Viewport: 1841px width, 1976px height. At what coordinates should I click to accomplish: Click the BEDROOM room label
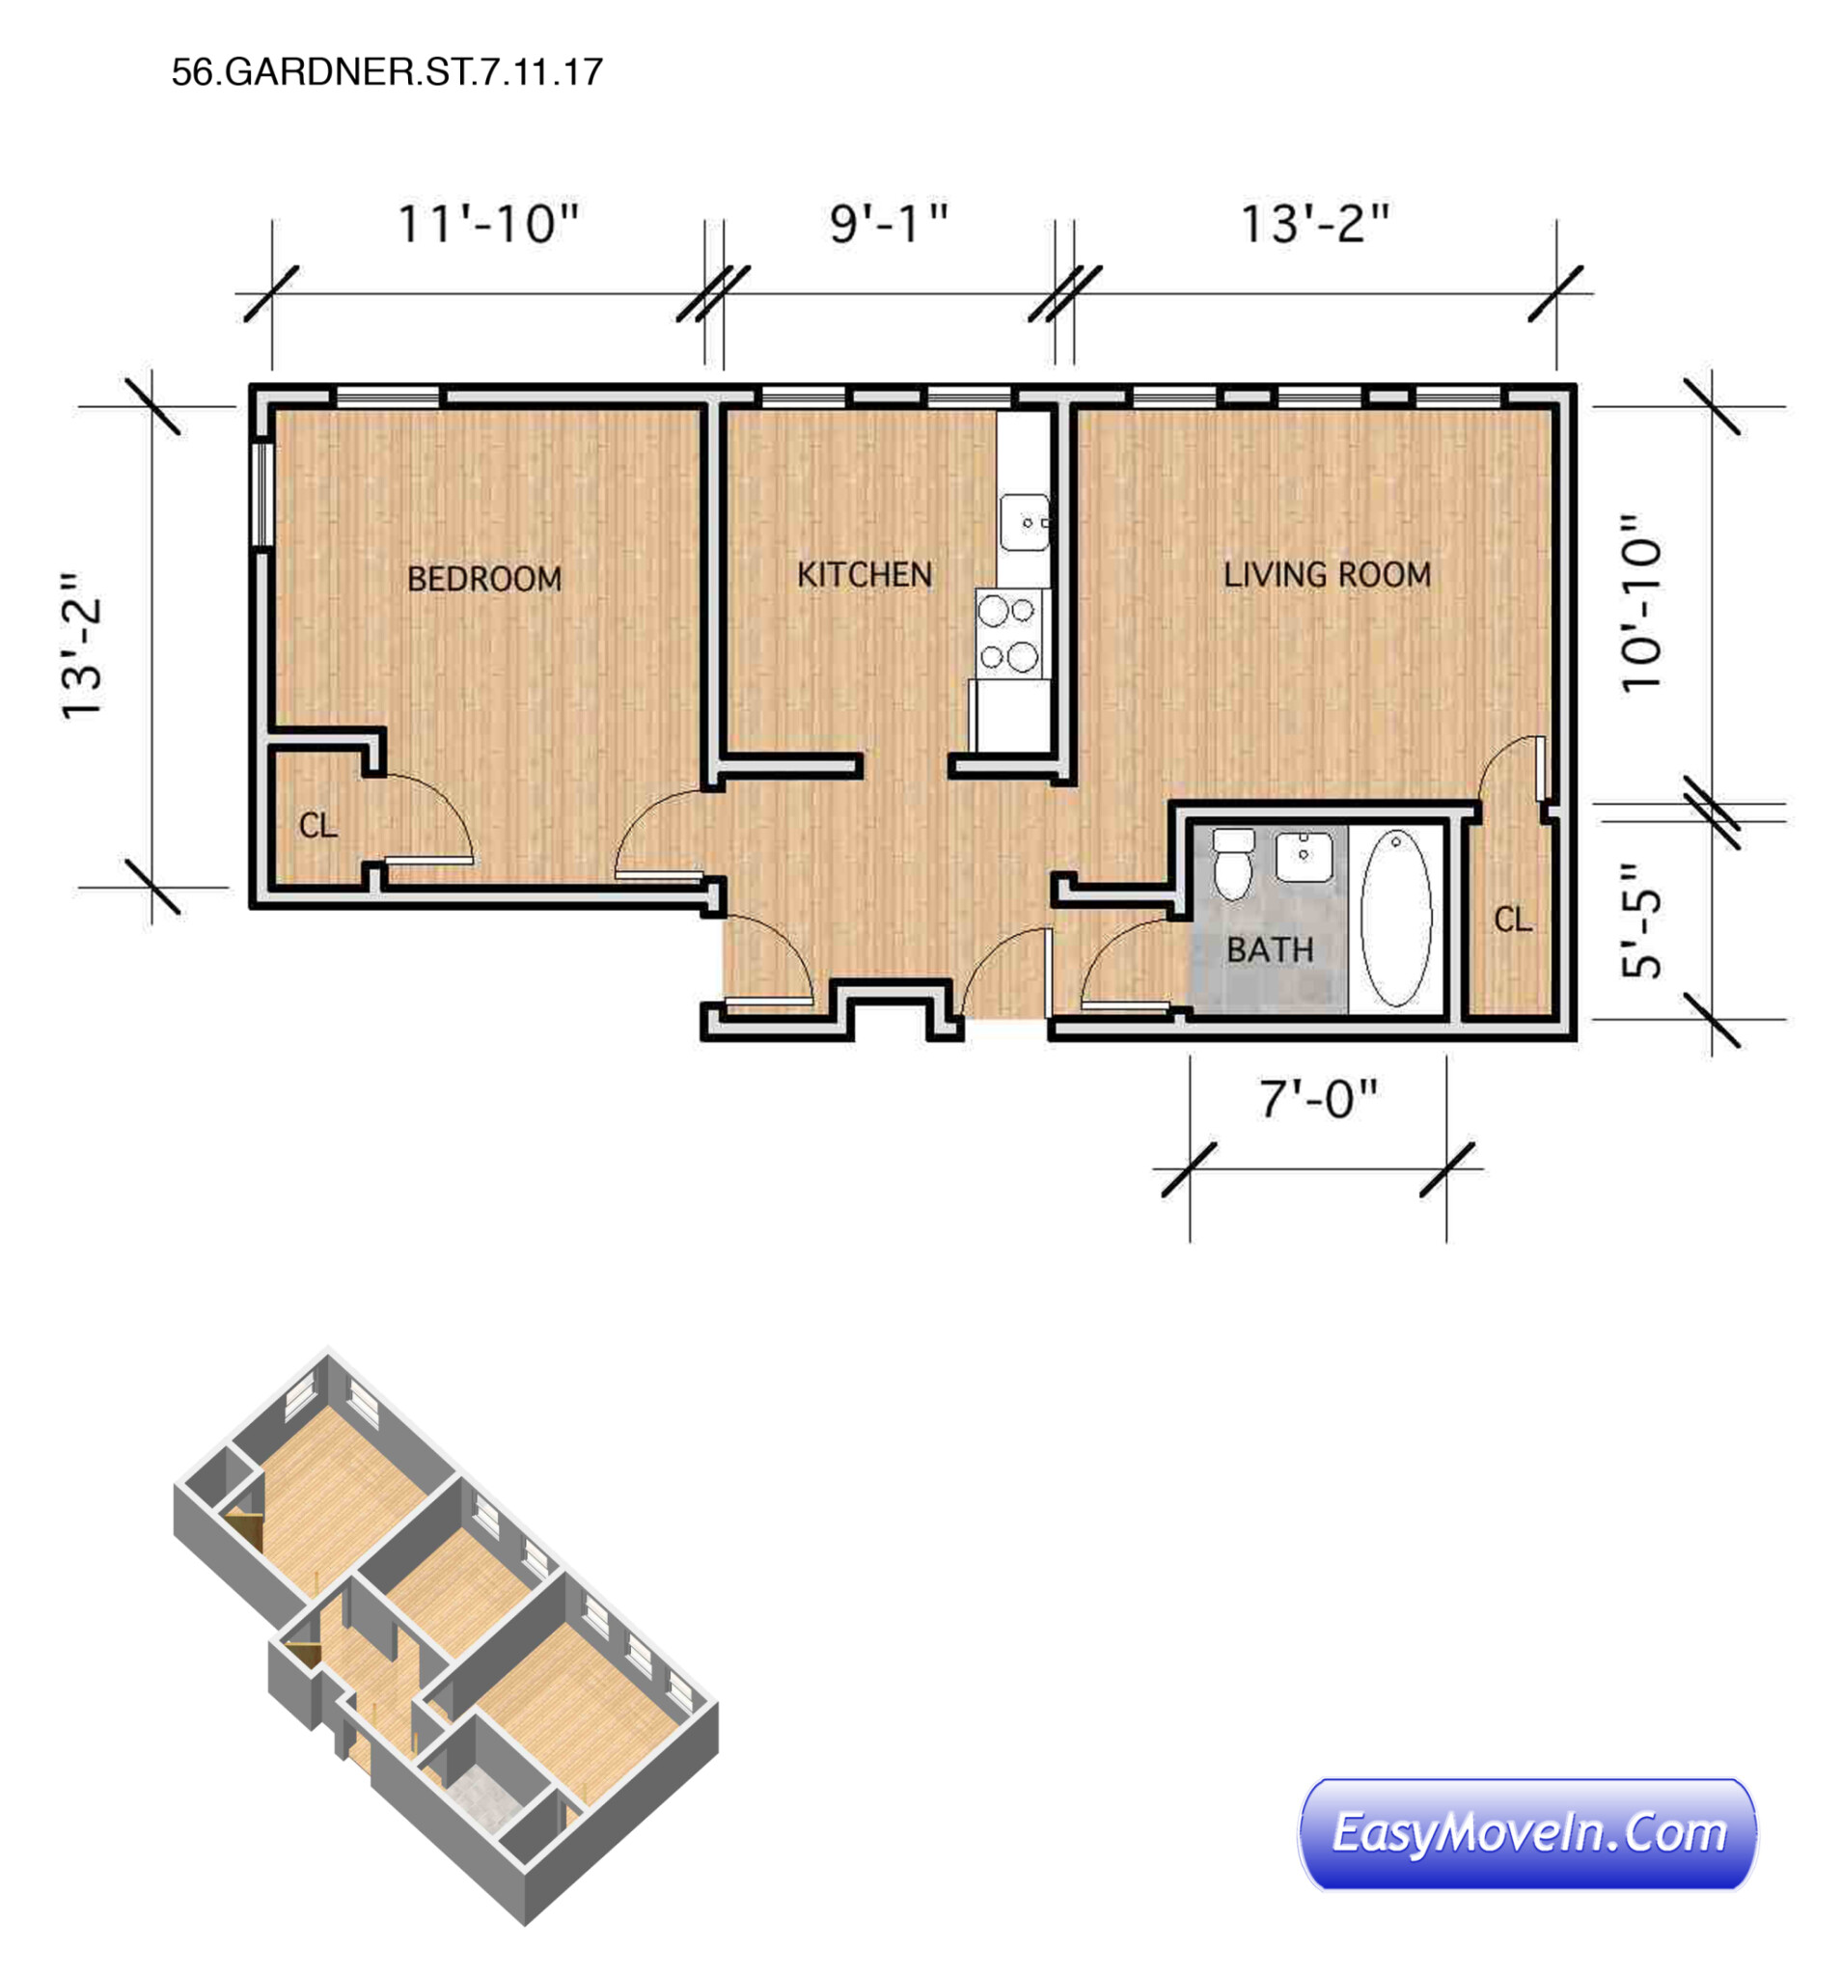(x=484, y=579)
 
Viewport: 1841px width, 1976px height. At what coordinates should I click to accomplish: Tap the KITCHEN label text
(x=864, y=574)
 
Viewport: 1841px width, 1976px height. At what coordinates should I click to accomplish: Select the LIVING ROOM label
(x=1327, y=574)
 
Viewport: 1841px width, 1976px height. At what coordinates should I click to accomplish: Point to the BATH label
(x=1270, y=949)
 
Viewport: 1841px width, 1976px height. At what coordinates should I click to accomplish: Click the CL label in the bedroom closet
(x=318, y=825)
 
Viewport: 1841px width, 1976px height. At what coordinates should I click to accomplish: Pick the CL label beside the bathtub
(x=1512, y=919)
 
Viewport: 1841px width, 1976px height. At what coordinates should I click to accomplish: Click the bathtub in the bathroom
(x=1395, y=919)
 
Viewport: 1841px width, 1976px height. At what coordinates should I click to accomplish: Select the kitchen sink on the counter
(x=1024, y=522)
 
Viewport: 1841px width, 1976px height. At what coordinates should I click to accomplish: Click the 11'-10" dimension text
(x=488, y=224)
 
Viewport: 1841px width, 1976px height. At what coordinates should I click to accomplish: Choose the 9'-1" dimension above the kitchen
(x=889, y=224)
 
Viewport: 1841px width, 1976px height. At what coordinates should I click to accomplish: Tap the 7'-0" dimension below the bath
(x=1319, y=1099)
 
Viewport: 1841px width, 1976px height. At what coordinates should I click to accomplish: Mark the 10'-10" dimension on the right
(x=1641, y=603)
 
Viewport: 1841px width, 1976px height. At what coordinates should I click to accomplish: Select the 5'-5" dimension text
(x=1641, y=919)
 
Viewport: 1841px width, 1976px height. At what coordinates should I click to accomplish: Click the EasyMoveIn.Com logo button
(x=1526, y=1834)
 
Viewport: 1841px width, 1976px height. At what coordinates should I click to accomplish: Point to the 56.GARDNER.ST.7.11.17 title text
(x=387, y=71)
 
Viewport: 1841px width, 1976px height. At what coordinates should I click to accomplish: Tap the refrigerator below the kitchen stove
(x=1012, y=716)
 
